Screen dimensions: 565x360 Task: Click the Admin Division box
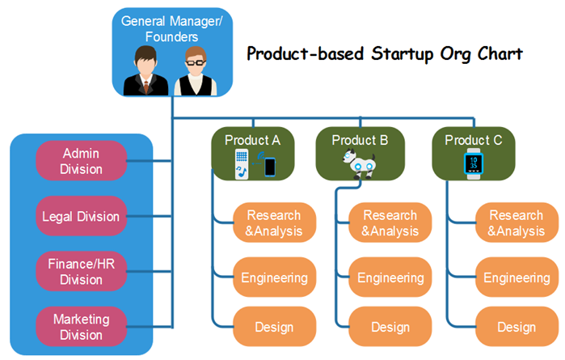(x=82, y=161)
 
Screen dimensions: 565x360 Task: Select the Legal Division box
(x=82, y=216)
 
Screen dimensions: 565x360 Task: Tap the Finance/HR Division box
(x=82, y=271)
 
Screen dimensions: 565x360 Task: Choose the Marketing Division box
(x=82, y=327)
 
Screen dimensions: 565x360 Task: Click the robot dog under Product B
(x=359, y=164)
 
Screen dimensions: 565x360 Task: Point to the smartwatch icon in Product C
(x=474, y=163)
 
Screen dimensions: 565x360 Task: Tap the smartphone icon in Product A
(x=270, y=167)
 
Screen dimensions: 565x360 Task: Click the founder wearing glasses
(x=196, y=71)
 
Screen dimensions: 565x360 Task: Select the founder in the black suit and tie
(x=145, y=70)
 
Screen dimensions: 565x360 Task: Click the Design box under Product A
(x=275, y=327)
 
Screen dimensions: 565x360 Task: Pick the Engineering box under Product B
(x=390, y=277)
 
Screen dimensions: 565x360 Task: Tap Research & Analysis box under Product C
(x=517, y=222)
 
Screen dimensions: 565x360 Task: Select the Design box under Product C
(x=517, y=327)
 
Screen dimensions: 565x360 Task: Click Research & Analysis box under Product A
(x=275, y=222)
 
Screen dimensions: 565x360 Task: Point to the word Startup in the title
(x=403, y=54)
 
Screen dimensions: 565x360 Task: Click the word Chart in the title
(x=500, y=53)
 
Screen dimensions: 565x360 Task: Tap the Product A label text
(x=252, y=140)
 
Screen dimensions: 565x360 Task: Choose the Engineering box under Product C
(x=517, y=277)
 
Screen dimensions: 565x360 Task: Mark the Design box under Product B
(x=390, y=327)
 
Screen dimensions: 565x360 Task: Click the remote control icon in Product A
(x=242, y=164)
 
